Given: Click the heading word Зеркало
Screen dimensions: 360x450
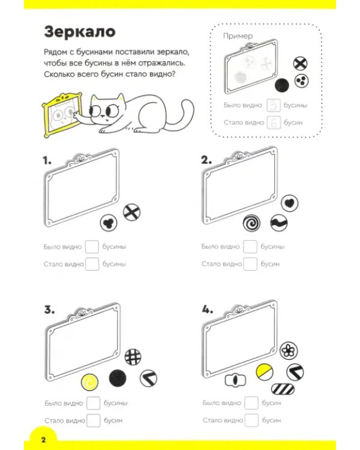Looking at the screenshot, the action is tap(80, 32).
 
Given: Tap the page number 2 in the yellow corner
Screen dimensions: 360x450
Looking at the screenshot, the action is tap(43, 440).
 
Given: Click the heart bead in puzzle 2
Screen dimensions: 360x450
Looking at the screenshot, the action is tap(289, 203).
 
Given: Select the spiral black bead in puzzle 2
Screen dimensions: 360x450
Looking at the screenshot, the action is tap(251, 223).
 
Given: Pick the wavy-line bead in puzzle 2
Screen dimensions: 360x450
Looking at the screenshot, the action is tap(279, 223).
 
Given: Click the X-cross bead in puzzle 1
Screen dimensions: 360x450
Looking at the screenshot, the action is tap(131, 212).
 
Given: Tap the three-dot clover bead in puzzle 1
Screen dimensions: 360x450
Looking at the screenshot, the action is tap(109, 223).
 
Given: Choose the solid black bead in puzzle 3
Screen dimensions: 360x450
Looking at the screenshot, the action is tap(118, 377).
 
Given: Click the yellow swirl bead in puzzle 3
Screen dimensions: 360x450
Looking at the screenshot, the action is tap(90, 382).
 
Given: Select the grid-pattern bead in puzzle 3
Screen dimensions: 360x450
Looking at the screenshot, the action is tap(133, 357).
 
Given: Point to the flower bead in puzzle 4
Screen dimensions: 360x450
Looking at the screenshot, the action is tap(289, 350).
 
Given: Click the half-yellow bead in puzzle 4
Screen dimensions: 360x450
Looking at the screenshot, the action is tap(265, 372).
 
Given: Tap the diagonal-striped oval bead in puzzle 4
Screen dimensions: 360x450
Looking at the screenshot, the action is tap(283, 389).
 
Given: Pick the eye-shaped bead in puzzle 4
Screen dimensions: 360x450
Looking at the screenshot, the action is tap(235, 380).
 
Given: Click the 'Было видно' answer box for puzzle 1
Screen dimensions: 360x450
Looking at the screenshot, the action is tap(92, 247).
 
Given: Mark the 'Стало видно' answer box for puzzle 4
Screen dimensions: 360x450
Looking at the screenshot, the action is tap(251, 420).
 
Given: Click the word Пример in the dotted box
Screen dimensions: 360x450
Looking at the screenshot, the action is tap(238, 36).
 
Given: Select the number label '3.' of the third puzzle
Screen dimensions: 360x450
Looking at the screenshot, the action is tap(49, 310).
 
